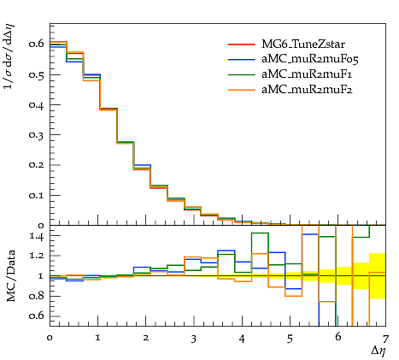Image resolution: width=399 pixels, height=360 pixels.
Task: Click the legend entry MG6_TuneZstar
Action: click(x=303, y=44)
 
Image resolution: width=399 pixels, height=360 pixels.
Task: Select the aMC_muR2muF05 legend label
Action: click(x=310, y=59)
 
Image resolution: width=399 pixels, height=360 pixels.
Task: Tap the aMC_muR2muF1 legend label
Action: click(x=307, y=74)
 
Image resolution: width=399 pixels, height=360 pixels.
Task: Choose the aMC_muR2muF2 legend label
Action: click(x=307, y=90)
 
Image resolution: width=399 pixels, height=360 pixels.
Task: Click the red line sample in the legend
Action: click(x=241, y=44)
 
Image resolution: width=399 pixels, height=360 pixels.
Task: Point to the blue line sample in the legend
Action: click(x=241, y=60)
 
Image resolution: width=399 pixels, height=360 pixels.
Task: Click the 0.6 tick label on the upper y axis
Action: click(x=36, y=44)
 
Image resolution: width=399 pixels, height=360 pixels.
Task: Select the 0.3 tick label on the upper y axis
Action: click(x=36, y=134)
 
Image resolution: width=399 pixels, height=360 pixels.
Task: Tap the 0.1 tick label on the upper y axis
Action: click(x=36, y=195)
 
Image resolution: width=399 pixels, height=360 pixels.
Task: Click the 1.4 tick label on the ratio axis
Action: click(x=37, y=237)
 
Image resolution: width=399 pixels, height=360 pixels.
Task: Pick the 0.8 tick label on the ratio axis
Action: click(x=37, y=296)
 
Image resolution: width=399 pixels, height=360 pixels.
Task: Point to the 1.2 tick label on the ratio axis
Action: click(x=37, y=256)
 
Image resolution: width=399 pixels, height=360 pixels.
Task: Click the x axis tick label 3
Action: click(x=194, y=339)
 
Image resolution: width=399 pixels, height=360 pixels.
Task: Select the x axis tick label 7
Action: click(x=385, y=339)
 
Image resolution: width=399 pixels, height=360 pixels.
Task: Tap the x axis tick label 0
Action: click(x=50, y=338)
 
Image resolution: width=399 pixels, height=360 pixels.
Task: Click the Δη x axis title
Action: click(x=378, y=351)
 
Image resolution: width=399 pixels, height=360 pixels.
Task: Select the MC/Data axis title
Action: click(x=10, y=275)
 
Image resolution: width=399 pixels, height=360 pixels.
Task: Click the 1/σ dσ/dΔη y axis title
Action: click(x=9, y=56)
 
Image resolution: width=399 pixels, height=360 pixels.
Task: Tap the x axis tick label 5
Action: click(x=290, y=339)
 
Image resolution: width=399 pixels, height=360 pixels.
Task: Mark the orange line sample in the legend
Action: click(x=241, y=90)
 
